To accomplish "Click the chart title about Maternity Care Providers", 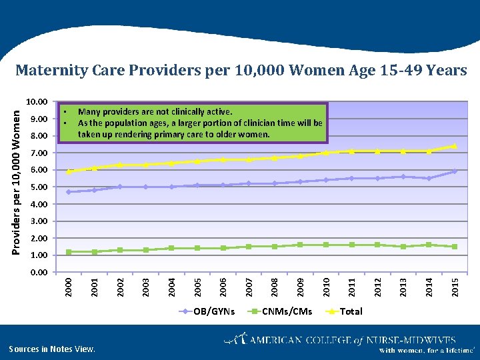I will [x=241, y=70].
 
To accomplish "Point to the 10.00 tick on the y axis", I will [x=36, y=102].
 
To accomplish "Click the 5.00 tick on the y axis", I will [x=38, y=187].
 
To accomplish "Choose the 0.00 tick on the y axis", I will [x=38, y=272].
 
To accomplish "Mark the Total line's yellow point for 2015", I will [x=454, y=146].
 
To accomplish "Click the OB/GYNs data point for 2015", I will [x=454, y=171].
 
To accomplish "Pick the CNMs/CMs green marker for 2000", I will [x=69, y=251].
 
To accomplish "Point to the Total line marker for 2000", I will [x=69, y=171].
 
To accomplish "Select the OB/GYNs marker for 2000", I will [x=69, y=192].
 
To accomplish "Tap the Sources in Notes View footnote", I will [x=52, y=349].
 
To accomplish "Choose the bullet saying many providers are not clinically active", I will [x=155, y=112].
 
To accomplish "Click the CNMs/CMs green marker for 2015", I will [x=454, y=247].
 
